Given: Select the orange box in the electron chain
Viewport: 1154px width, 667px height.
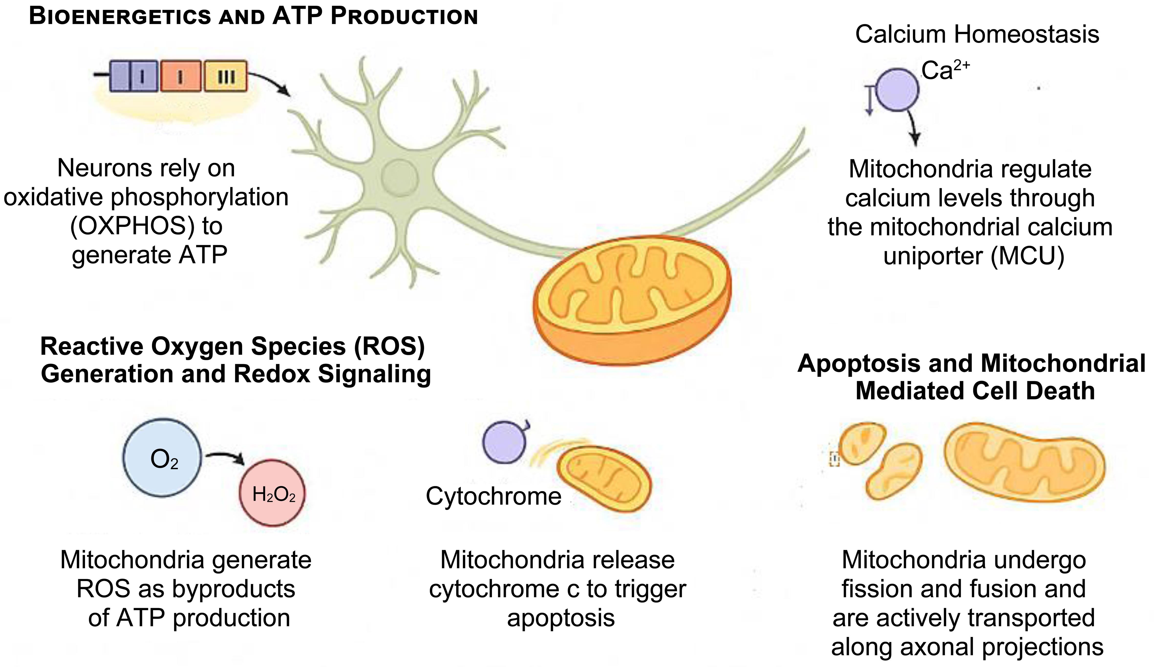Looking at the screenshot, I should (181, 76).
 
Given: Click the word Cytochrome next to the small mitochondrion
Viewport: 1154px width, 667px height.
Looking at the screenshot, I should (493, 496).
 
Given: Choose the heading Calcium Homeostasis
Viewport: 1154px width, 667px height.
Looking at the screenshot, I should (977, 34).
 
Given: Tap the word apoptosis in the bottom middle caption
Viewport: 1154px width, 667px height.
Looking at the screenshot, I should (561, 618).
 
